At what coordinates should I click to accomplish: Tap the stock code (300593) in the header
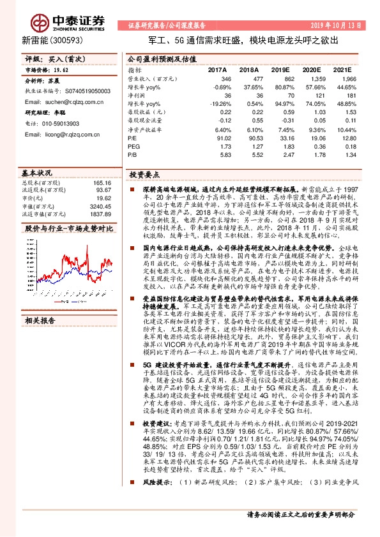coord(54,40)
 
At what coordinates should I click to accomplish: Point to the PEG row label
coord(135,146)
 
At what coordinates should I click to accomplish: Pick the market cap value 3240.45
coord(100,207)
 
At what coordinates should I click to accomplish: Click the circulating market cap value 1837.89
coord(100,214)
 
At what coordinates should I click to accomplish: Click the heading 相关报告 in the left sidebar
coord(40,321)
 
